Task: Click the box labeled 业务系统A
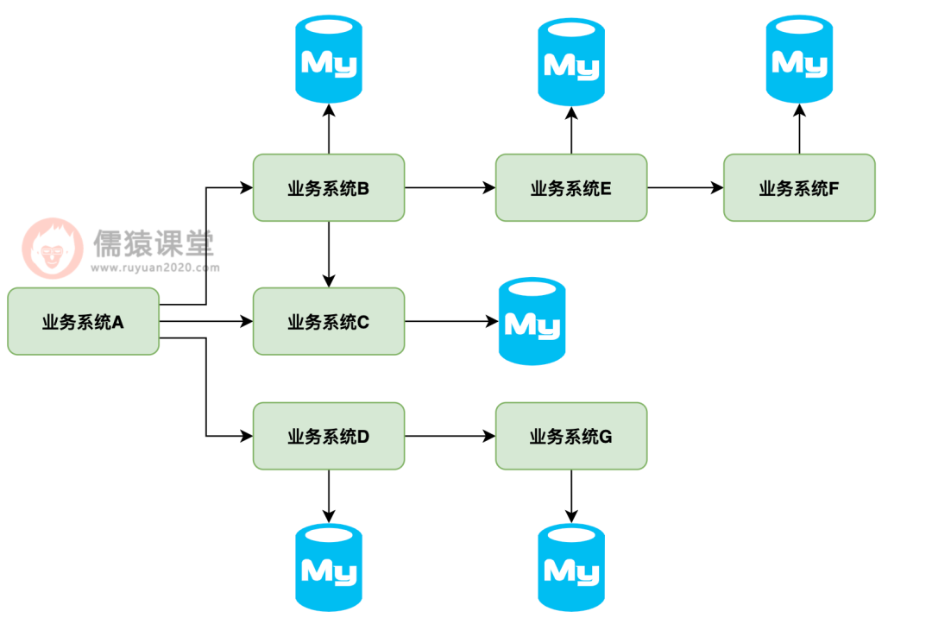(83, 322)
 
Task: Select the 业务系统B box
(328, 187)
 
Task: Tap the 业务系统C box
(328, 322)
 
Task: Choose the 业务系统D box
(328, 436)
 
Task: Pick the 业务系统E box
(570, 187)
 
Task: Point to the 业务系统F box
(799, 187)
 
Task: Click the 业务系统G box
(570, 436)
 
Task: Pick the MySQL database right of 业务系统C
(532, 321)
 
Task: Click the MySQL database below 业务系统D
(328, 568)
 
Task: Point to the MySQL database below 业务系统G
(570, 568)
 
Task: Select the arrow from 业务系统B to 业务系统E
(450, 187)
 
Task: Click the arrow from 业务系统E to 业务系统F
(685, 187)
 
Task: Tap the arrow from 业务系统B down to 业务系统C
(328, 255)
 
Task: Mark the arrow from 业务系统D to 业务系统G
(450, 436)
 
